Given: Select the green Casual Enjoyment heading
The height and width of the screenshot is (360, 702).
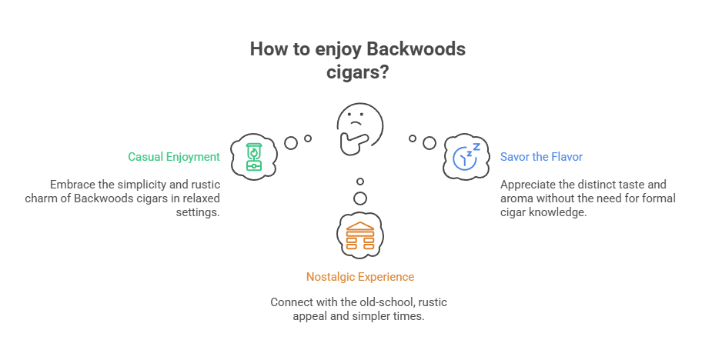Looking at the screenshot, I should coord(174,157).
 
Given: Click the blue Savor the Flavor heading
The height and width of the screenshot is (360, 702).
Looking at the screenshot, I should coord(541,157).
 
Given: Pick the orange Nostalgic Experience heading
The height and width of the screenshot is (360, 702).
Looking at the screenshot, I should coord(359,276).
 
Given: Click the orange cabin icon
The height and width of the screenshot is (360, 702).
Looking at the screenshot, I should coord(359,234).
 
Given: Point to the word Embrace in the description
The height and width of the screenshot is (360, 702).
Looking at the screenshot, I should coord(73,185).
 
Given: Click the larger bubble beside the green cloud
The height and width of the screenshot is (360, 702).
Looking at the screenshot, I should coord(291,143).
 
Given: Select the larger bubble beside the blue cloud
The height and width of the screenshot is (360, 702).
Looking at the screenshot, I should coord(430,143).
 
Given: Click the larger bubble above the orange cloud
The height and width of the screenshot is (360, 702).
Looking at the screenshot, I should coord(359,198).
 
